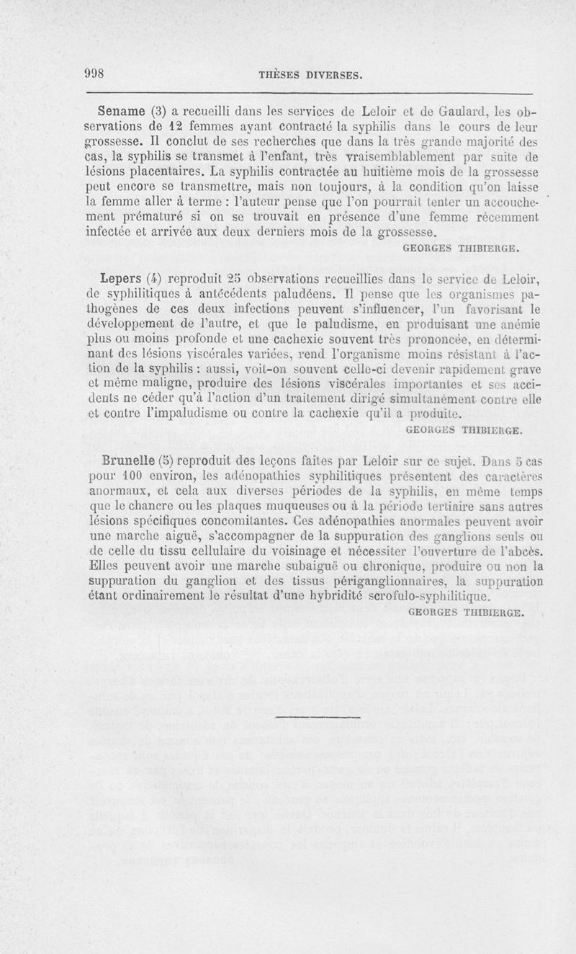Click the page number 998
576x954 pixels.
[95, 73]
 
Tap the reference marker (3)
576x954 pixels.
[158, 112]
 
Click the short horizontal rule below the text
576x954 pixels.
[317, 718]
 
